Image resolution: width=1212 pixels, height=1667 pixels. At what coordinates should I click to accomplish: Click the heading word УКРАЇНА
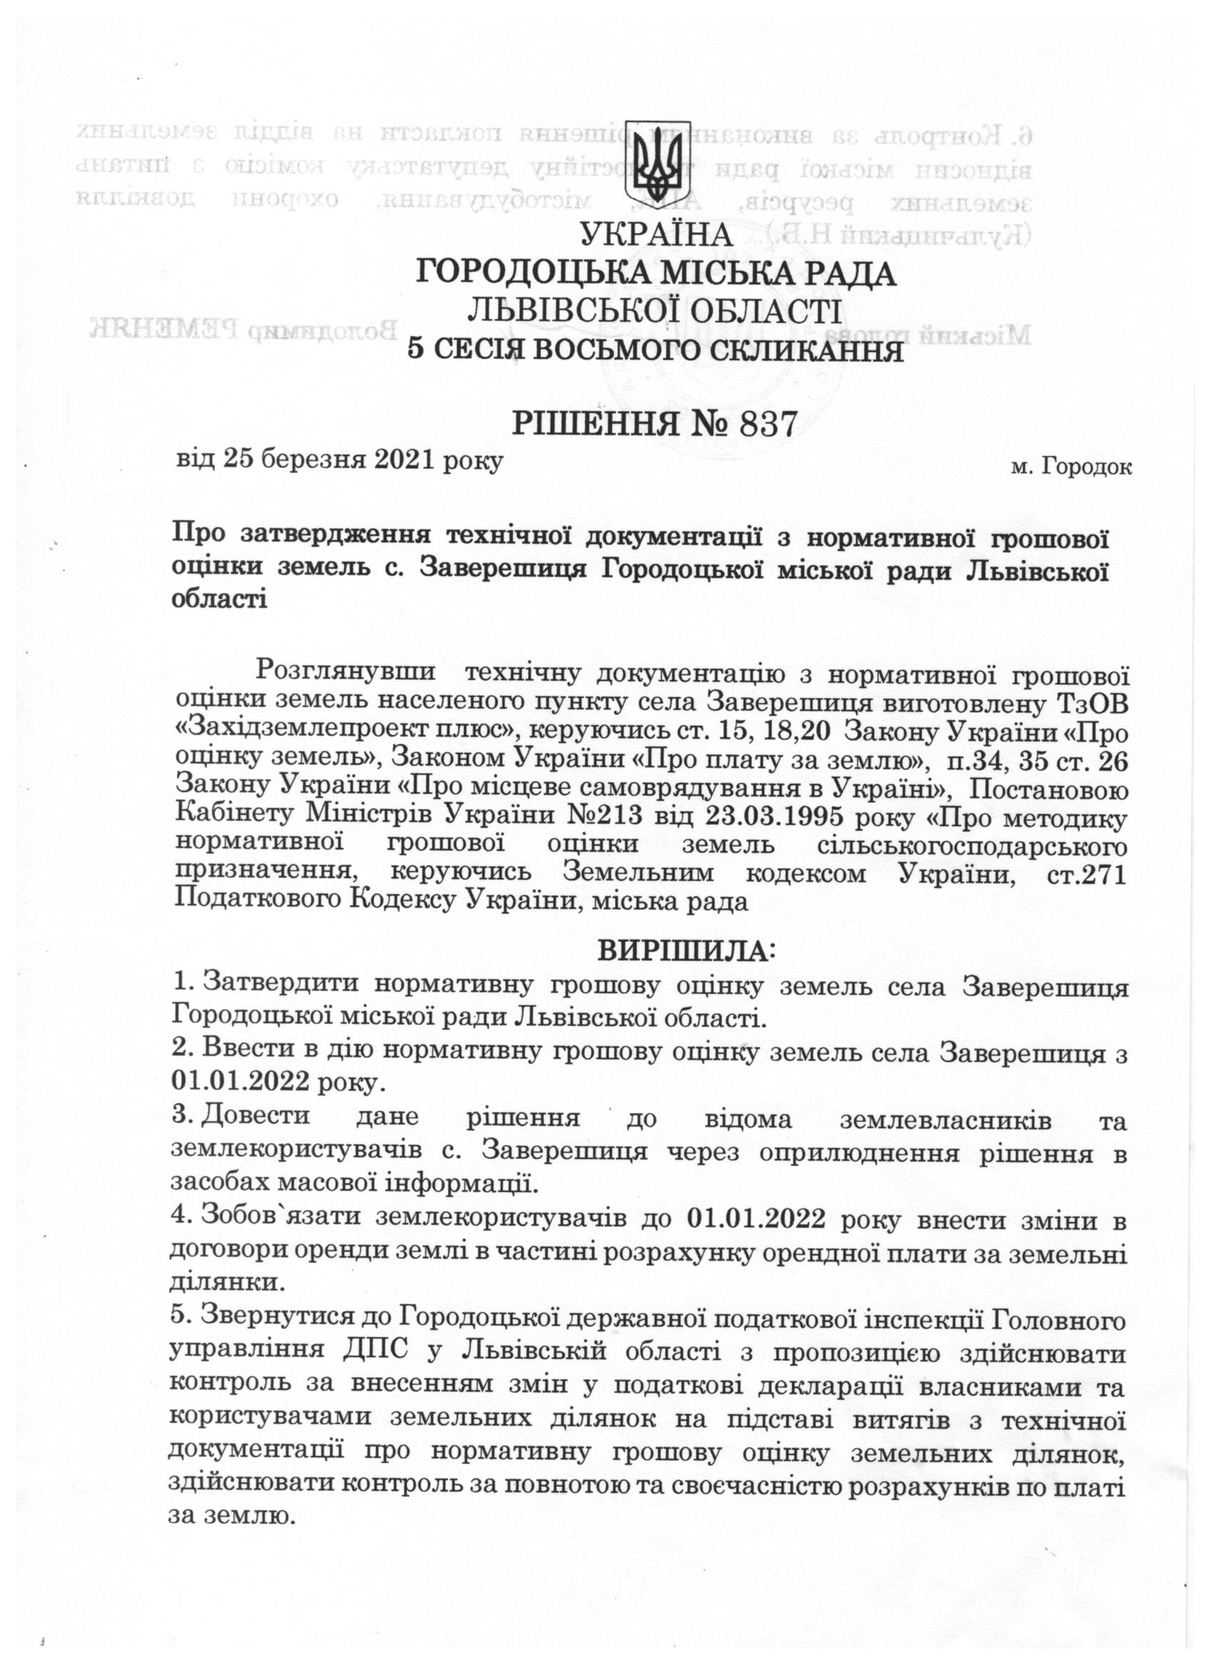click(657, 236)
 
